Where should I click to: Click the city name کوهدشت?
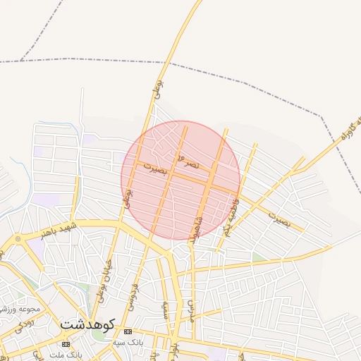coord(87,324)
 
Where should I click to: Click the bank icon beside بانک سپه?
coord(128,331)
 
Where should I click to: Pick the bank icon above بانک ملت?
coord(66,344)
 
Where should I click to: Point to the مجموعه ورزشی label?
coord(20,309)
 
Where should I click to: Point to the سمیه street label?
coord(165,311)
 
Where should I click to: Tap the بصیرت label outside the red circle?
coord(279,219)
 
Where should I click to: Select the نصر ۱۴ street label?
coord(189,161)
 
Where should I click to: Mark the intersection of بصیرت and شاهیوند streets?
coord(209,183)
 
